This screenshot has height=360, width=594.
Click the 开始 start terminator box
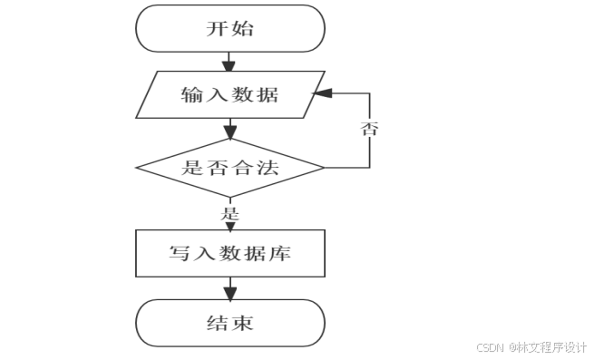pyautogui.click(x=229, y=28)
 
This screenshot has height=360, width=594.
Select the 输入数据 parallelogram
pyautogui.click(x=229, y=95)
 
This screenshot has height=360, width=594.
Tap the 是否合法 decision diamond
pyautogui.click(x=229, y=168)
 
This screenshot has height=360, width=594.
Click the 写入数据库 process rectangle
pyautogui.click(x=229, y=253)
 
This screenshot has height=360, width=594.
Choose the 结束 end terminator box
pyautogui.click(x=229, y=323)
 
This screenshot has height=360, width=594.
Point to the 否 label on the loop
pyautogui.click(x=369, y=128)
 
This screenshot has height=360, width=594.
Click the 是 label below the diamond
pyautogui.click(x=229, y=215)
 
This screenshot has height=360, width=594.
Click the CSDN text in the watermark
pyautogui.click(x=489, y=347)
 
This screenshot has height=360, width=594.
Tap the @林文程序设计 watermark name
pyautogui.click(x=547, y=347)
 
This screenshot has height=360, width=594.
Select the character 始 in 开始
pyautogui.click(x=242, y=28)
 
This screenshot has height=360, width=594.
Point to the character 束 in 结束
pyautogui.click(x=242, y=323)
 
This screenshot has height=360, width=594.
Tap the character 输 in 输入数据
pyautogui.click(x=192, y=95)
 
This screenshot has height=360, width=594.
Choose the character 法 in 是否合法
pyautogui.click(x=265, y=168)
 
